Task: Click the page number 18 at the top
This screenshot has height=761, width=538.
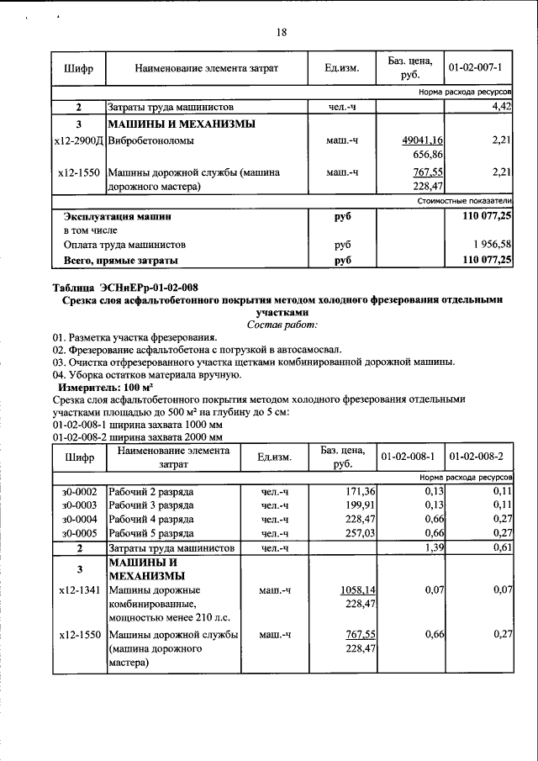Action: [x=282, y=32]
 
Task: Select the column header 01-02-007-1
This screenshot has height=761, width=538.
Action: [x=475, y=66]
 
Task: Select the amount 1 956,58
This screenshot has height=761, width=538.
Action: [x=488, y=245]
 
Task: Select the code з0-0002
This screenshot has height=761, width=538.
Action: [x=79, y=490]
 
